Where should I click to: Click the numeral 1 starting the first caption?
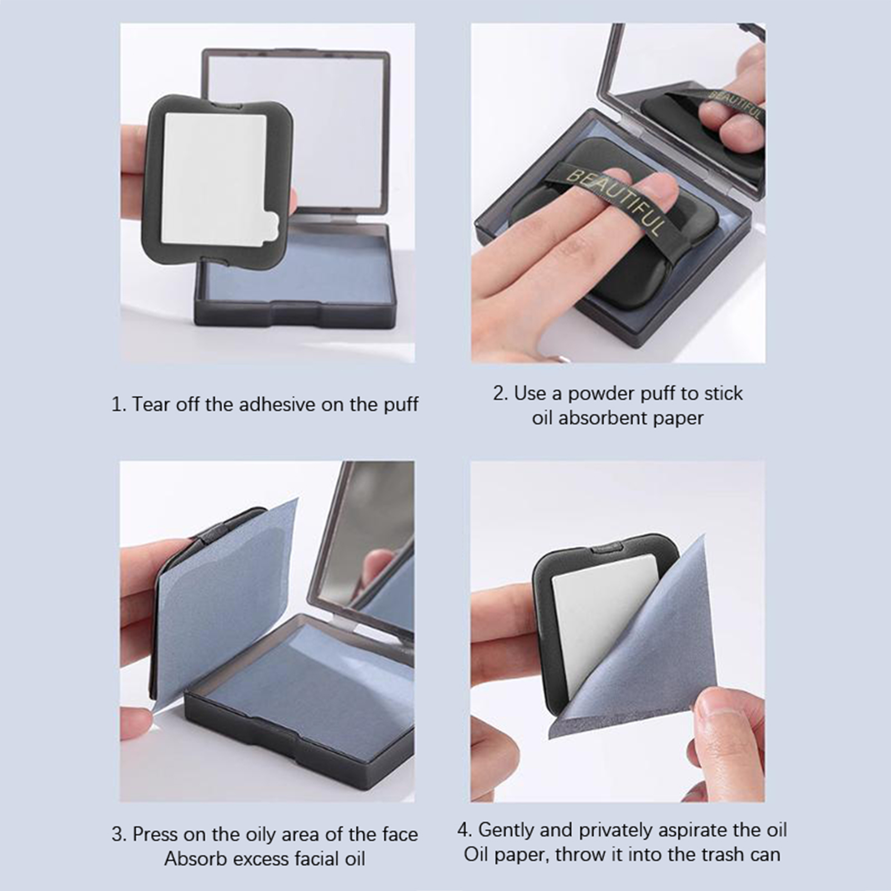pyautogui.click(x=116, y=404)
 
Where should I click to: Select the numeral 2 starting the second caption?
pyautogui.click(x=498, y=394)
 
